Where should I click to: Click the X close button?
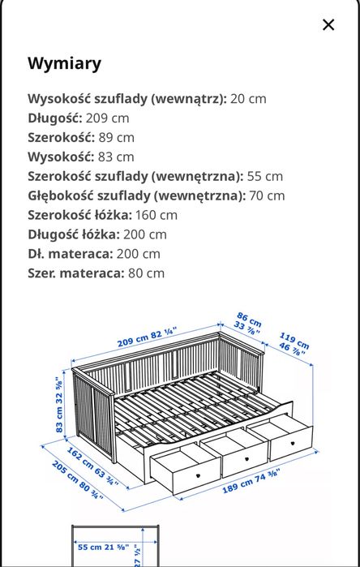coord(328,24)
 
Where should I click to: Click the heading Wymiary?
coord(65,63)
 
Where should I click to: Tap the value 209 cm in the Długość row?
coord(107,118)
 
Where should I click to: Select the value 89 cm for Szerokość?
coord(117,137)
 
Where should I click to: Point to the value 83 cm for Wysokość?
coord(116,157)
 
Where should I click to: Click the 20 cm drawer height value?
coord(248,98)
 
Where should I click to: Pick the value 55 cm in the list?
coord(265,176)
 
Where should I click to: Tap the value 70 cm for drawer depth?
coord(267,195)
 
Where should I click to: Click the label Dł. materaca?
coord(70,254)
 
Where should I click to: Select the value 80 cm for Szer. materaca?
coord(146,273)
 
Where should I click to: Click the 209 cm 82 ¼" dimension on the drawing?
coord(147,337)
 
